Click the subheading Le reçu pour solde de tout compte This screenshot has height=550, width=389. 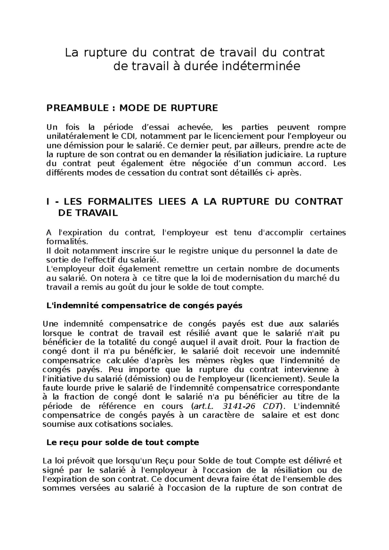point(123,442)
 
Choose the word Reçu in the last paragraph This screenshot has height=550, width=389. point(166,461)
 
